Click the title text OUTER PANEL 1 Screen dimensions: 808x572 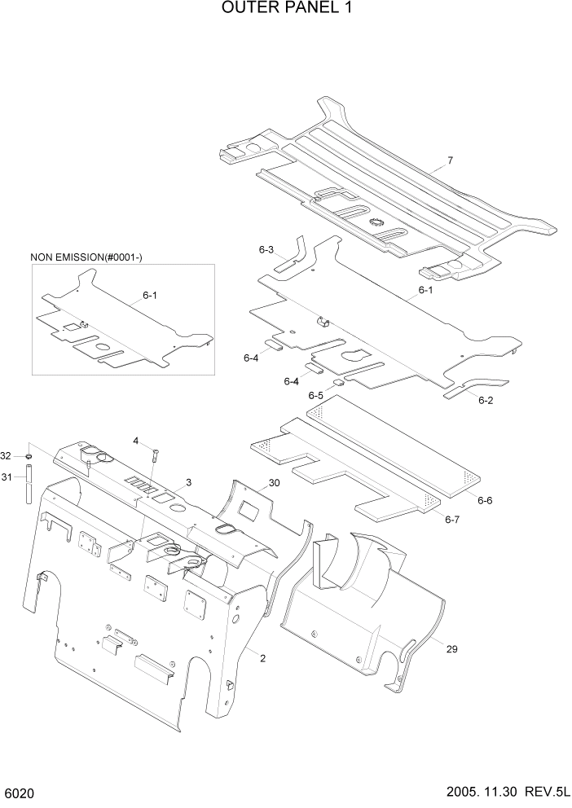286,11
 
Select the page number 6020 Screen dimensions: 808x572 19,793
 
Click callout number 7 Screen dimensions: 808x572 449,160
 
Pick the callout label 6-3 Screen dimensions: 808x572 266,250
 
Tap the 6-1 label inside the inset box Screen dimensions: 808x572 150,296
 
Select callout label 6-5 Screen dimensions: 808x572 315,395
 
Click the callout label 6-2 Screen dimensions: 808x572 486,400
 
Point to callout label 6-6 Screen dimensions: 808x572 484,500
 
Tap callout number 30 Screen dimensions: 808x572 274,483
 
